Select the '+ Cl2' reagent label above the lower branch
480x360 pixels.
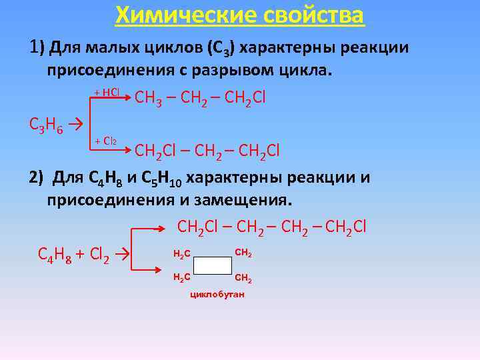107,141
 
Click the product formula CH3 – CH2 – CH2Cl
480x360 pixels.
200,99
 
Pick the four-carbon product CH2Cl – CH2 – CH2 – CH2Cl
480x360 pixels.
272,227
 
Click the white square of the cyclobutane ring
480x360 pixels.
213,265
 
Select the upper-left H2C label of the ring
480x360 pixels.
181,254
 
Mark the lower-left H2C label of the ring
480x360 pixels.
181,277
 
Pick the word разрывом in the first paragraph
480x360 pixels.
210,71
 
